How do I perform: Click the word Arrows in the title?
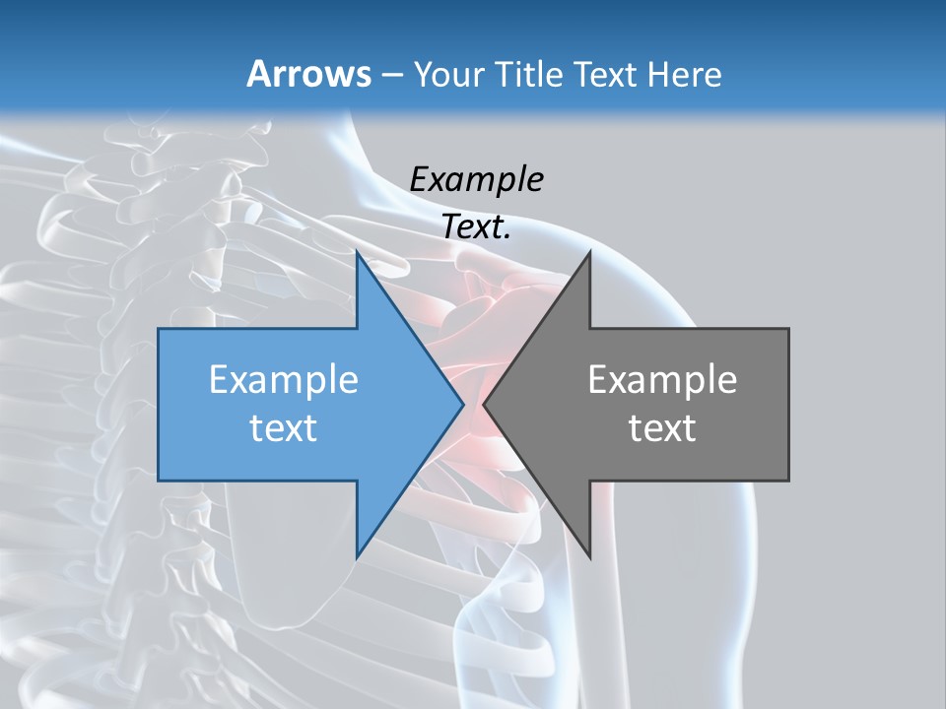pyautogui.click(x=308, y=75)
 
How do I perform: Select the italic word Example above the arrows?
pyautogui.click(x=476, y=179)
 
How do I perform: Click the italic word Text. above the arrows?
pyautogui.click(x=476, y=227)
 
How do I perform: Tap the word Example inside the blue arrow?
pyautogui.click(x=284, y=380)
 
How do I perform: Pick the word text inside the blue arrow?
pyautogui.click(x=284, y=428)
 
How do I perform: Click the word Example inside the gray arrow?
pyautogui.click(x=662, y=380)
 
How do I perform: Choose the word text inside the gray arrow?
pyautogui.click(x=662, y=428)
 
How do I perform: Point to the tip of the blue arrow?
pyautogui.click(x=463, y=404)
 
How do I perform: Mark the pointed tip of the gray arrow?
pyautogui.click(x=484, y=404)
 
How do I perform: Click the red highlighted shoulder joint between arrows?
pyautogui.click(x=474, y=325)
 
